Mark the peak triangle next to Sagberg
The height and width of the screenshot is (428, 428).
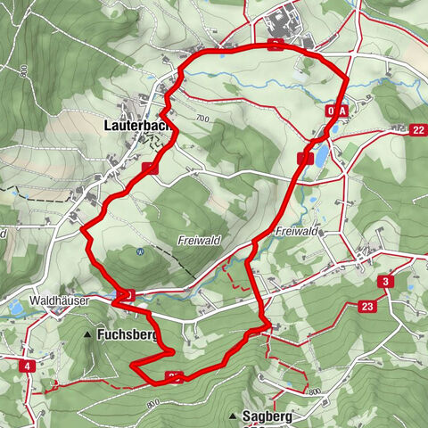[x=234, y=416]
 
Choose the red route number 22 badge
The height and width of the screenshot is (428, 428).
[x=418, y=130]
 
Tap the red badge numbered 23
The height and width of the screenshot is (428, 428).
[x=367, y=306]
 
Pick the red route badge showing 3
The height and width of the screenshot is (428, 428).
[x=384, y=283]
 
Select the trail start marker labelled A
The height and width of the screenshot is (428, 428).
[x=341, y=110]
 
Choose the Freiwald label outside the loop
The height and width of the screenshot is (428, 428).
[x=297, y=232]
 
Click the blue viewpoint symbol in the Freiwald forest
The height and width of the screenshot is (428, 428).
[x=140, y=251]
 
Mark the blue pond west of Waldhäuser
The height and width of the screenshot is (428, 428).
[x=14, y=308]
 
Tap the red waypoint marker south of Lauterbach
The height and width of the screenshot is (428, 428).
[x=149, y=168]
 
